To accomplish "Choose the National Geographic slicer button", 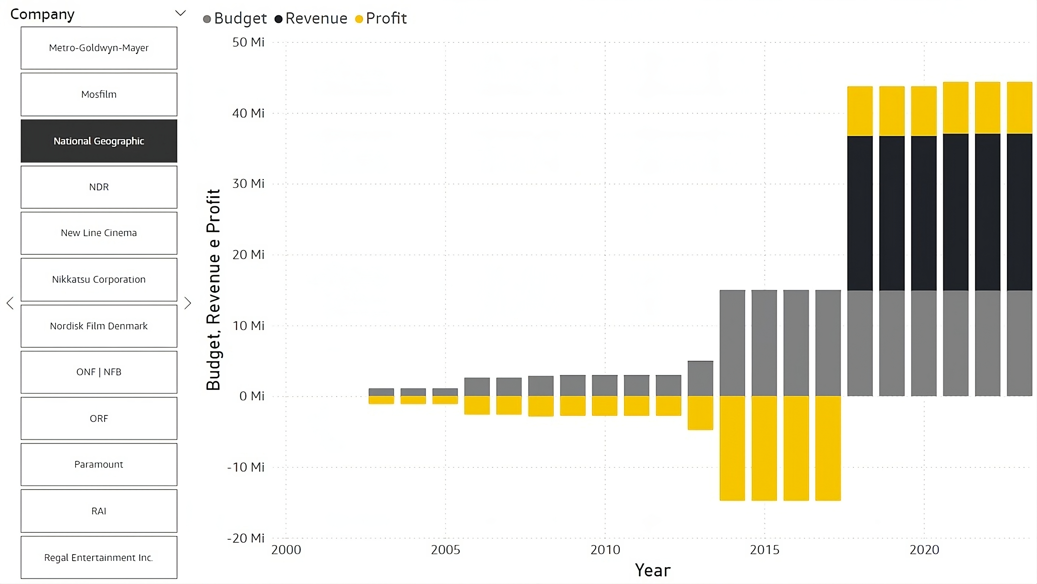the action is click(99, 141).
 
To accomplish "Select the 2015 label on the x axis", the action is click(765, 550).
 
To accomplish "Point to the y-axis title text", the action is click(213, 290).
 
